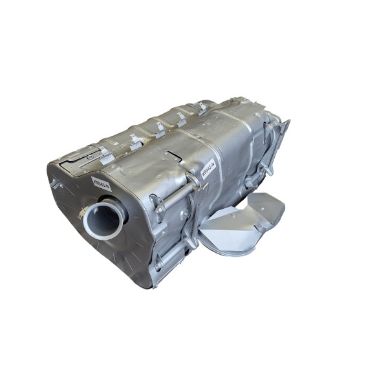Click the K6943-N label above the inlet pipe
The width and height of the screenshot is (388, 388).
[x=102, y=183]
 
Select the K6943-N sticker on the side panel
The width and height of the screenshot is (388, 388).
[x=208, y=170]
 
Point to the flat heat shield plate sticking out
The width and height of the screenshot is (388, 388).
[x=259, y=210]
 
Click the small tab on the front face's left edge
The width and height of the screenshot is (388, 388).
[x=56, y=184]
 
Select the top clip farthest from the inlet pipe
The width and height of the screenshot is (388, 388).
[x=202, y=107]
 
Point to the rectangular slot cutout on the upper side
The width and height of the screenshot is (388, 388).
[x=173, y=156]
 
